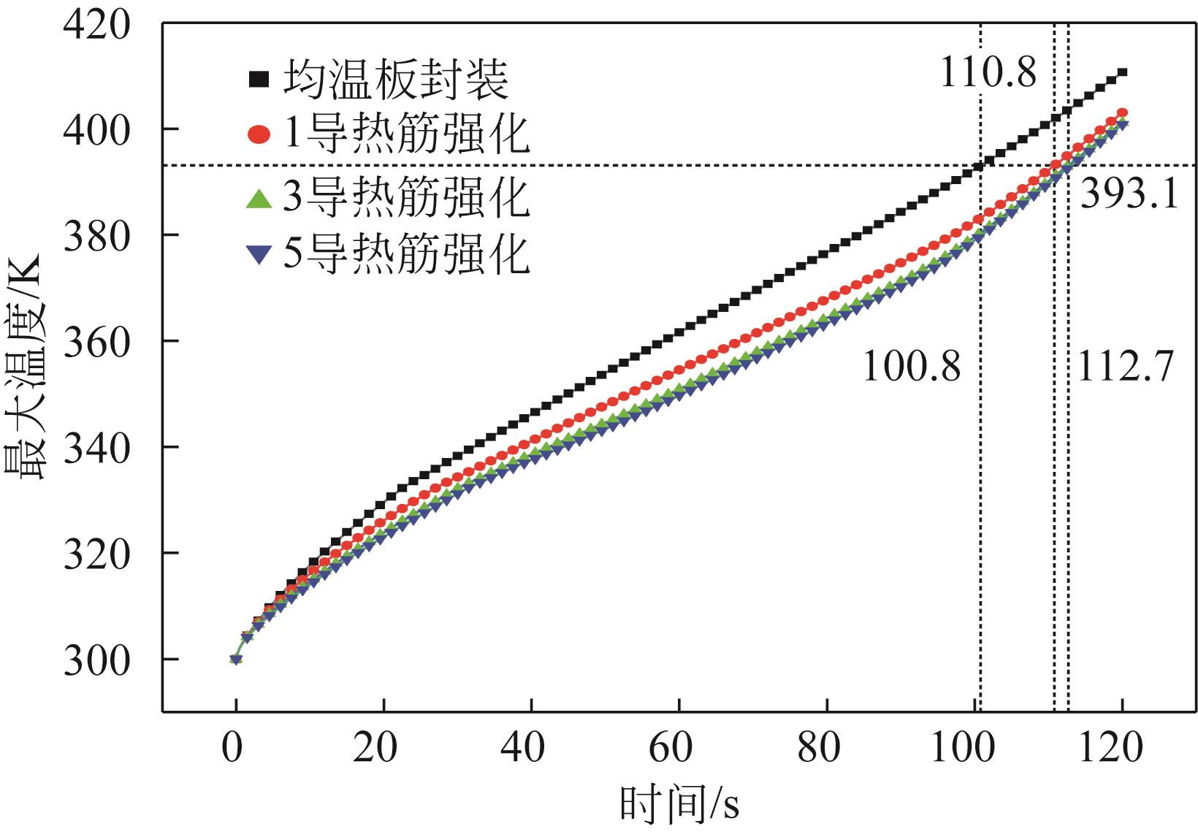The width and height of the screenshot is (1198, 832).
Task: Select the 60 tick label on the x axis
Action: click(679, 748)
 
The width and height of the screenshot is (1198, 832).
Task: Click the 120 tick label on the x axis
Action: click(1121, 748)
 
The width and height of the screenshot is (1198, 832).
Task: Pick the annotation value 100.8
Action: click(912, 367)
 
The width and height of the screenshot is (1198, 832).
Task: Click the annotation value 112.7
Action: click(1125, 367)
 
